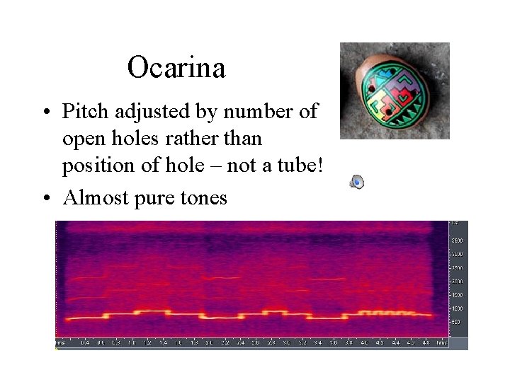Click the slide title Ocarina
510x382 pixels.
tap(176, 68)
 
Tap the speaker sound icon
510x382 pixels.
tap(358, 183)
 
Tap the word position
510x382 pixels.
tap(92, 166)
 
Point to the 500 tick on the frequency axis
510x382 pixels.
tap(457, 322)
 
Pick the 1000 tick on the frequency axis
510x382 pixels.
tap(457, 308)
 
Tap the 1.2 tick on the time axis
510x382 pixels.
tap(147, 343)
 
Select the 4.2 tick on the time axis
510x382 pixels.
tap(380, 343)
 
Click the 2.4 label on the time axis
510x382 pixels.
tap(240, 343)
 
